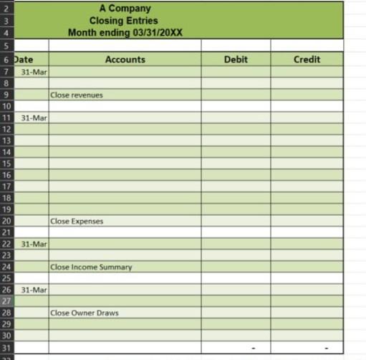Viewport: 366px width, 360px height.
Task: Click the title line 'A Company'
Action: tap(125, 9)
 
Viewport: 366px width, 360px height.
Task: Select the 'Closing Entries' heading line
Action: tap(125, 21)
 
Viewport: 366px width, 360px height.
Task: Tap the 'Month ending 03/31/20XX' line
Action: tap(125, 33)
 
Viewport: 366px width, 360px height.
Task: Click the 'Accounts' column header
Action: tap(125, 60)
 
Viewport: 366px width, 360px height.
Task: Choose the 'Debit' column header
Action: tap(236, 60)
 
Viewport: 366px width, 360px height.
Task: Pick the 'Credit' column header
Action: tap(307, 60)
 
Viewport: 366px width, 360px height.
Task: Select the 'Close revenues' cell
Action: tap(77, 95)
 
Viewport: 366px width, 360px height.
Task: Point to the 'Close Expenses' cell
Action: tap(77, 221)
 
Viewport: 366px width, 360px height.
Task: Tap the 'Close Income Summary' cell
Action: tap(92, 267)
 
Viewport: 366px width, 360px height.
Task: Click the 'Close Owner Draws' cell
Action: tap(85, 313)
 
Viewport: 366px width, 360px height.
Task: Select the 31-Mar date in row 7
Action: tap(34, 72)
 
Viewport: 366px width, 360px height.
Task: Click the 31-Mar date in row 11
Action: tap(34, 117)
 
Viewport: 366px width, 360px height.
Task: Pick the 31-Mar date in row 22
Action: tap(34, 244)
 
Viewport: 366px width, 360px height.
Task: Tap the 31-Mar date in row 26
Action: tap(34, 290)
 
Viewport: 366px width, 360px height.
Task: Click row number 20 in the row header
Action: tap(6, 221)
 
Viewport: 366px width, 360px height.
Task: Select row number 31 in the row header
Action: tap(6, 347)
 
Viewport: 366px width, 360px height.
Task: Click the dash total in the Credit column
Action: tap(327, 349)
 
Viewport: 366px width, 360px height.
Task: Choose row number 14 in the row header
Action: tap(6, 151)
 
